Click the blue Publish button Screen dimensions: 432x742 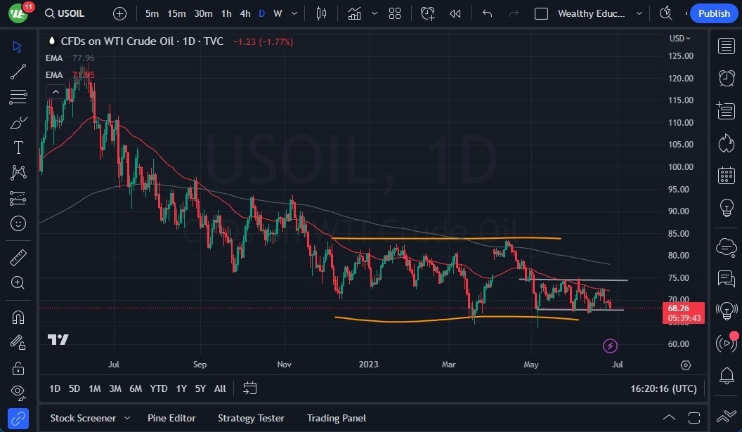click(714, 13)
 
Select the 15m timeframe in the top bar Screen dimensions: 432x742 click(176, 13)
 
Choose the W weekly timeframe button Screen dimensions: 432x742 click(278, 13)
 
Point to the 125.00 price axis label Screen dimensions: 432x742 click(679, 56)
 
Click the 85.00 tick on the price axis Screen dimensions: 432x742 click(679, 233)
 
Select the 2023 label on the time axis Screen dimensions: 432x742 click(368, 365)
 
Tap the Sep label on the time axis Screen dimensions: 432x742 click(200, 365)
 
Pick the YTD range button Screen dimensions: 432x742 click(159, 388)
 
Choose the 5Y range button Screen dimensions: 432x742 click(200, 388)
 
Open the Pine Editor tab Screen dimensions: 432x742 click(172, 418)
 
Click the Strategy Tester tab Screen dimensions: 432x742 click(251, 418)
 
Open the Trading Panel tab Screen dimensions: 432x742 click(337, 418)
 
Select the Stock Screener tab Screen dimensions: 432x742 click(82, 418)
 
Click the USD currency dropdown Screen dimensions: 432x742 click(679, 38)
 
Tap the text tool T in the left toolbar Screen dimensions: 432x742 click(18, 148)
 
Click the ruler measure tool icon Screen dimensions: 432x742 click(18, 258)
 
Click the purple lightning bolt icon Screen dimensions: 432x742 click(610, 346)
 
